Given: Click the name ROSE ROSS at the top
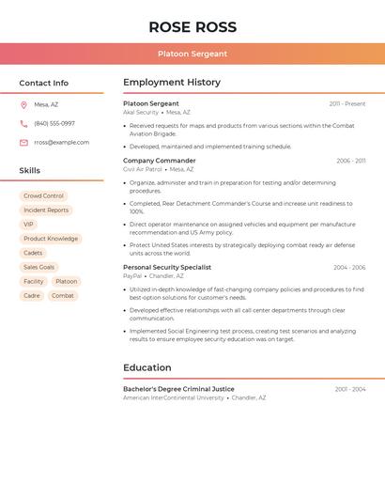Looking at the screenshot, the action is (192, 27).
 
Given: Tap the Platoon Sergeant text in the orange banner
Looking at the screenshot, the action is (192, 54).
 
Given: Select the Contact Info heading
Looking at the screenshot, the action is (43, 83).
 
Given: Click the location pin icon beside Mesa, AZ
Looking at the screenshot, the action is (23, 105).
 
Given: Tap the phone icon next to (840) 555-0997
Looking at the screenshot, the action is (23, 124).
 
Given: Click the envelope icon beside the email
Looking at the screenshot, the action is (23, 143).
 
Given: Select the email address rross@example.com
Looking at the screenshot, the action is (62, 143).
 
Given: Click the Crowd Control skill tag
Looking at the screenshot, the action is (43, 196).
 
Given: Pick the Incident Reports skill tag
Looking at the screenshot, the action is (46, 210).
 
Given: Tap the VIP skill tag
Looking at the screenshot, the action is (28, 225).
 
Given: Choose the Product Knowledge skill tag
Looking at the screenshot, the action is (51, 239).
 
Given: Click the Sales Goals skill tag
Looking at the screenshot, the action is (38, 267).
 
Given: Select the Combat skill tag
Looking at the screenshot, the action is (63, 296).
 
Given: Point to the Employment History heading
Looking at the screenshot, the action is (171, 83).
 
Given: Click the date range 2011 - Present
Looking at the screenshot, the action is (347, 104).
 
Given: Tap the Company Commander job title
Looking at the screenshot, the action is (160, 161).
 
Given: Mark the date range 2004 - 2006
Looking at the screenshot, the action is (349, 268).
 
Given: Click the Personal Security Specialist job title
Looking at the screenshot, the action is (167, 268).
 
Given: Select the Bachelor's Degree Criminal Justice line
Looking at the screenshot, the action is (178, 389).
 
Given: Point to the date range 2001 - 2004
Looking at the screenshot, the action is (350, 389).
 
